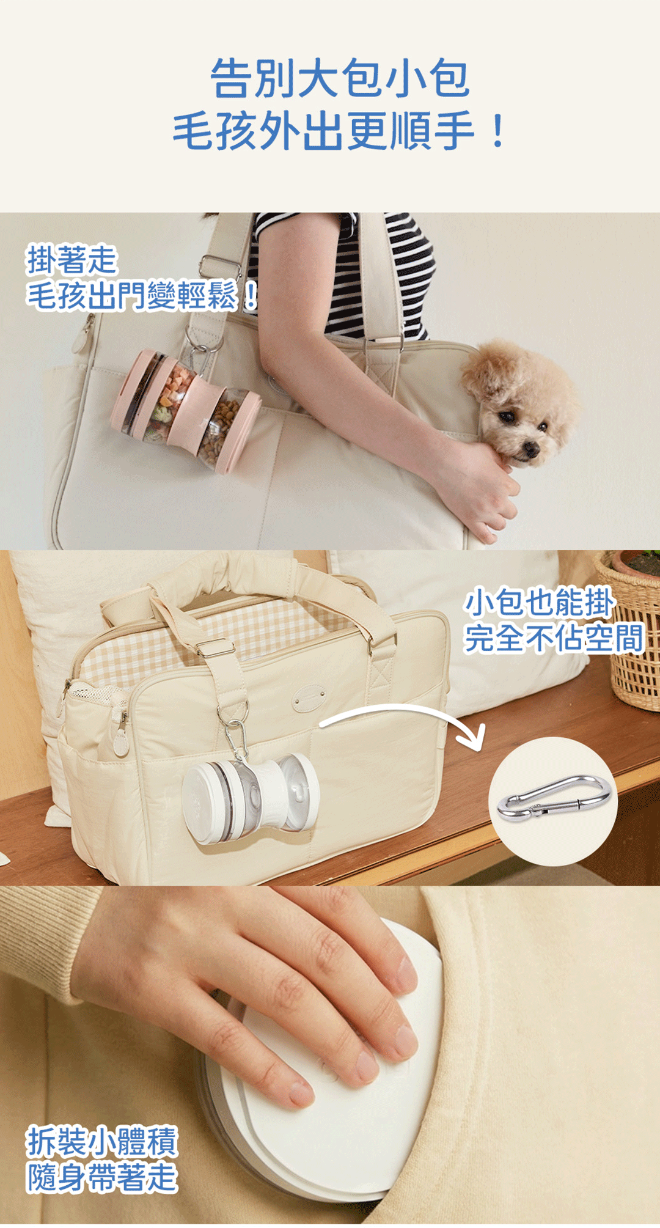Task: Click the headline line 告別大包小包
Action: tap(340, 78)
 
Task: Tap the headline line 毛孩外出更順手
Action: tap(340, 131)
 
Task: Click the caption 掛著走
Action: tap(71, 260)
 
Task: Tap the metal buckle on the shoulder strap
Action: tap(218, 265)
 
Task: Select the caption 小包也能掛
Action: tap(539, 603)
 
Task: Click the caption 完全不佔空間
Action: tap(554, 638)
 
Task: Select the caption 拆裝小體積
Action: tap(102, 1141)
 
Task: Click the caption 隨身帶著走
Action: tap(102, 1177)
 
